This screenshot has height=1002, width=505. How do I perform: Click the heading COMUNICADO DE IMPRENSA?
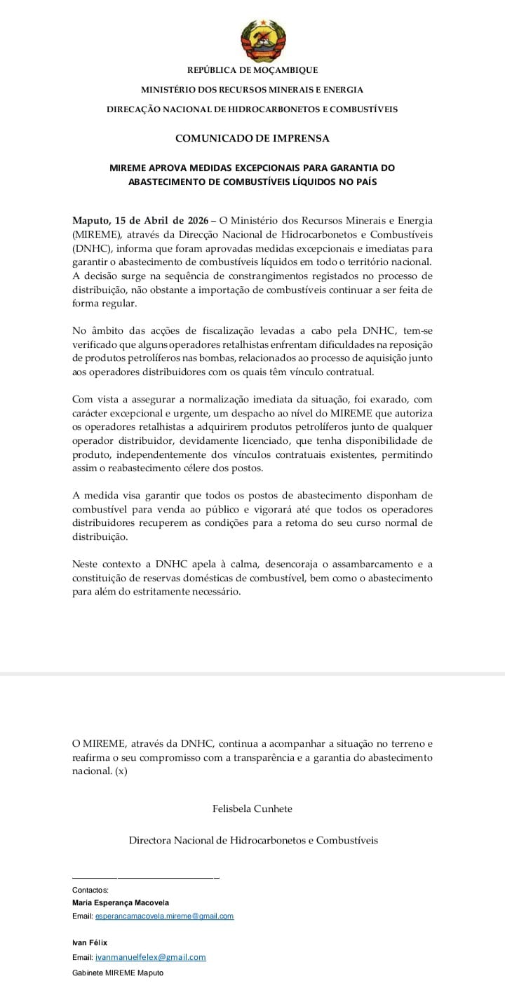click(252, 138)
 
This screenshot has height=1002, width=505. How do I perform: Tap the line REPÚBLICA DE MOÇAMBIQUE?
click(252, 70)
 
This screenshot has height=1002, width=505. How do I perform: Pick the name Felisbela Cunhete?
click(252, 808)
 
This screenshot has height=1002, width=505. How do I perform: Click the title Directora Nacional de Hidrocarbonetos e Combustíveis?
click(252, 840)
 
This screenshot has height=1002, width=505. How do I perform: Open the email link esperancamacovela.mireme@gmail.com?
click(164, 916)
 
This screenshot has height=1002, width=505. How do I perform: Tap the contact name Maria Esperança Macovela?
click(120, 903)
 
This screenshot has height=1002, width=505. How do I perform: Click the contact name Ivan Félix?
click(90, 942)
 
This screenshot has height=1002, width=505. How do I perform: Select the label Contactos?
click(90, 890)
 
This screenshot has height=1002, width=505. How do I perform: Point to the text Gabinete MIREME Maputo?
click(117, 973)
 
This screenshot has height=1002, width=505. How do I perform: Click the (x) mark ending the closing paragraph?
click(121, 771)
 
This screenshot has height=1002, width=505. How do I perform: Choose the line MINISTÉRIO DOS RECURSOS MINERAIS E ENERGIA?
click(252, 90)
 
